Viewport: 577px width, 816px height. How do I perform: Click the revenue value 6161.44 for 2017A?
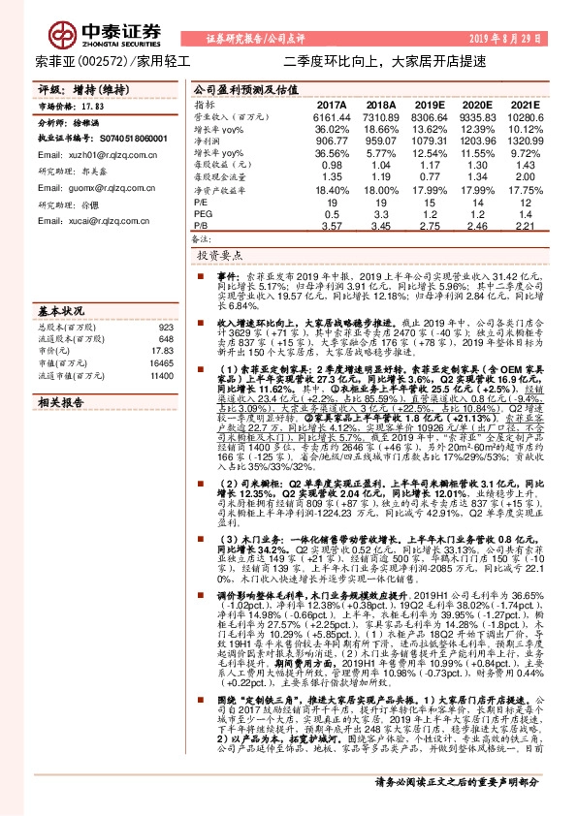[x=331, y=116]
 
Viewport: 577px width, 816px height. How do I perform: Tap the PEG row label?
[x=204, y=214]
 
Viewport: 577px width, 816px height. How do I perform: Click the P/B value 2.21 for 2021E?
[x=524, y=226]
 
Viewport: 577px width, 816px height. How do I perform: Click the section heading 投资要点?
[x=220, y=256]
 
